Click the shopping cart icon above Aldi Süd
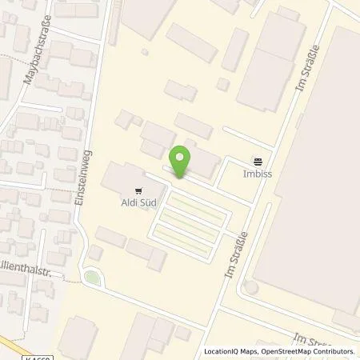click(139, 190)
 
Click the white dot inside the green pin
click(182, 156)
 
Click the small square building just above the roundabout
click(94, 252)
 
